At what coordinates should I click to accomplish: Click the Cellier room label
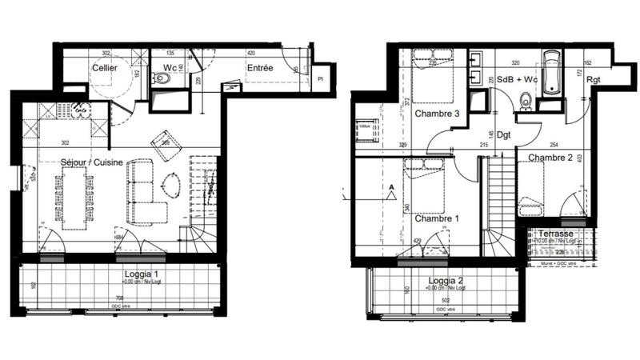coord(106,69)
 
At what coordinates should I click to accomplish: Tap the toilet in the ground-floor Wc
coord(166,78)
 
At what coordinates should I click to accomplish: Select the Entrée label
coord(260,69)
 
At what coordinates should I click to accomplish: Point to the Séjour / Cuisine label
coord(92,162)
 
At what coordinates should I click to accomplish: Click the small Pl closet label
coord(319,78)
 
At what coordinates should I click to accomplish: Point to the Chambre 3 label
coord(436,114)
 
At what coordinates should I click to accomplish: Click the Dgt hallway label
coord(503,135)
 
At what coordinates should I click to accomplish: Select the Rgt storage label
coord(594,79)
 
